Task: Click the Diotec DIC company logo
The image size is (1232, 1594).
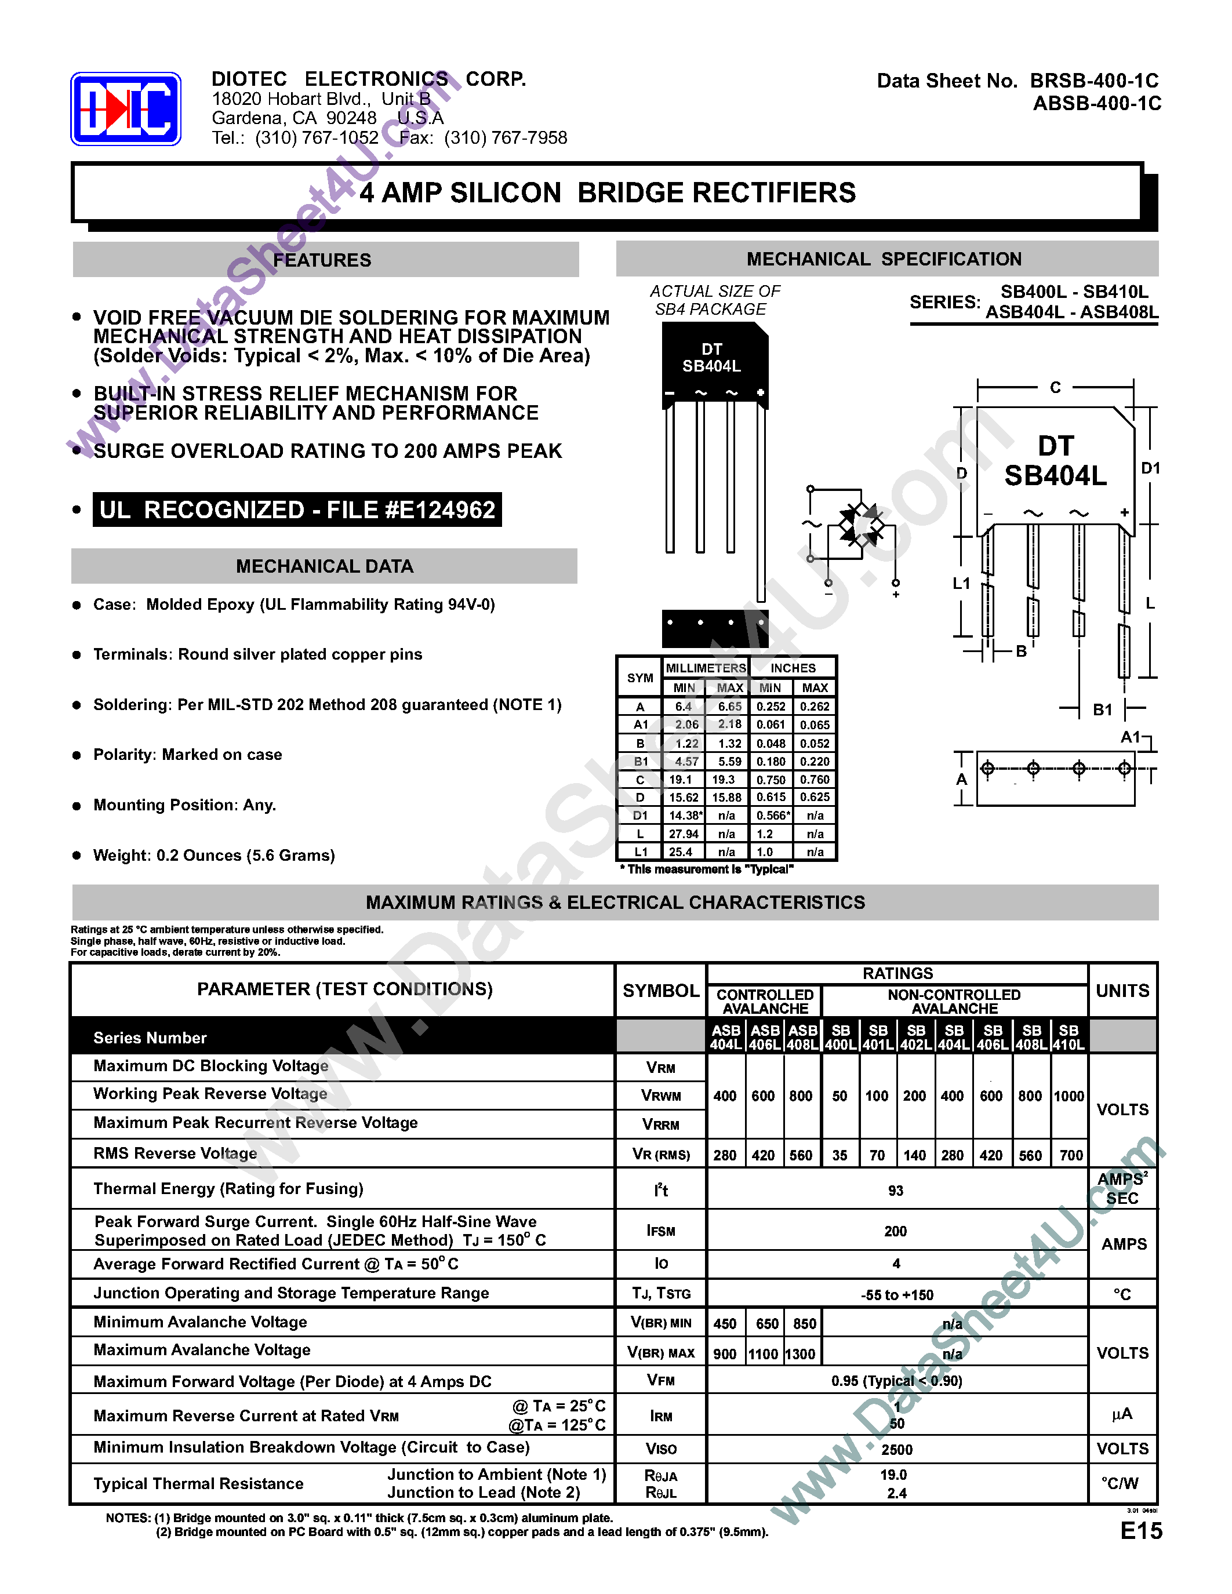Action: coord(126,109)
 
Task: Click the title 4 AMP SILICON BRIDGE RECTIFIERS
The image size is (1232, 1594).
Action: coord(607,192)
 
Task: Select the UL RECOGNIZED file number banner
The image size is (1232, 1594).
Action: coord(297,510)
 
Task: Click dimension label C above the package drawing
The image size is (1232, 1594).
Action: coord(1055,388)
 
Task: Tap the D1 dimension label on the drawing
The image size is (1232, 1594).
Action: coord(1150,468)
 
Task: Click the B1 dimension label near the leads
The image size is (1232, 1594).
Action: coord(1102,709)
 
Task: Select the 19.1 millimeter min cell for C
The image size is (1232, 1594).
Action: coord(681,780)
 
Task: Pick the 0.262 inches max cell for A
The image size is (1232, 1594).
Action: coord(815,707)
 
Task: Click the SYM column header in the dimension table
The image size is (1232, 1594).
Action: coord(640,678)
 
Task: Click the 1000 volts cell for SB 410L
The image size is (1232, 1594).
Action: coord(1069,1096)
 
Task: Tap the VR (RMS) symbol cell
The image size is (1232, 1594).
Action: coord(660,1155)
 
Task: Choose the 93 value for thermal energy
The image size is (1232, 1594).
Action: coord(896,1191)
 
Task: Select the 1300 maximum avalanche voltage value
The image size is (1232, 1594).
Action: coord(801,1355)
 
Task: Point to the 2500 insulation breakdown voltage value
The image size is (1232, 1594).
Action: coord(897,1450)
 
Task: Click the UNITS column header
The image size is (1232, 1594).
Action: coord(1122,991)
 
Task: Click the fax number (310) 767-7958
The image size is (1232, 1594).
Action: coord(505,138)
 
